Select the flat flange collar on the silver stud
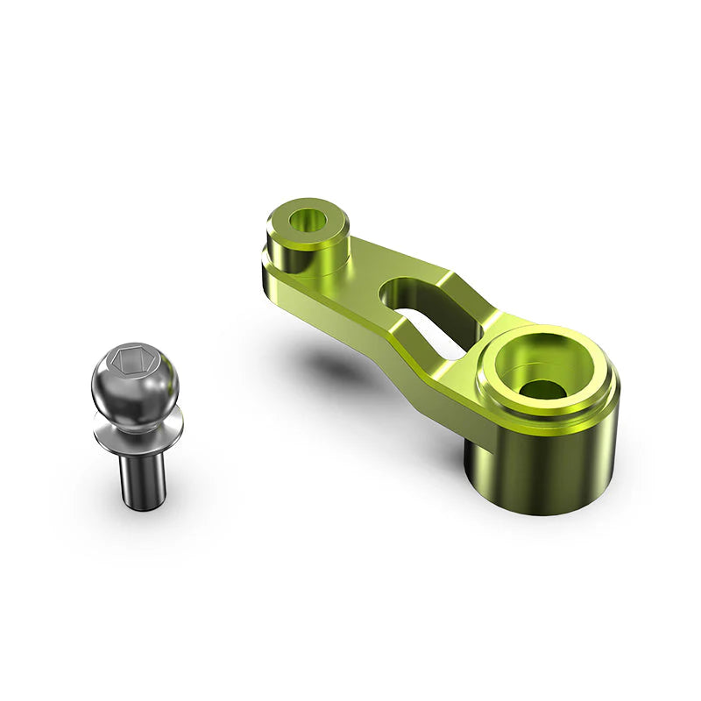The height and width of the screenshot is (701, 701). (x=138, y=430)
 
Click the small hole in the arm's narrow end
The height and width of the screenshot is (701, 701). (x=307, y=220)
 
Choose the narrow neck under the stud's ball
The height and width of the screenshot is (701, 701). (x=131, y=416)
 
